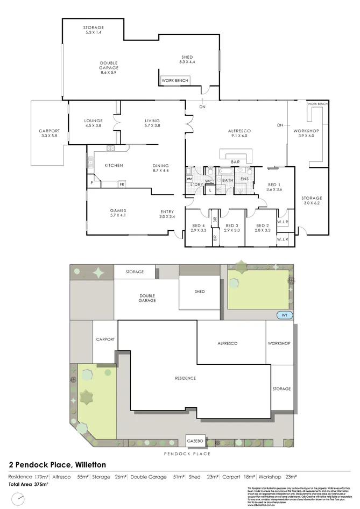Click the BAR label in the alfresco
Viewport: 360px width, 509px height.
click(235, 161)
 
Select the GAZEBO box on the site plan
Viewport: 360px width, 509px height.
click(195, 441)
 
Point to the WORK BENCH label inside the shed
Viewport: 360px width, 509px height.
click(174, 80)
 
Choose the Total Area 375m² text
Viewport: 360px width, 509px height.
click(28, 484)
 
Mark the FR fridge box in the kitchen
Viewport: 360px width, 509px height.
click(122, 184)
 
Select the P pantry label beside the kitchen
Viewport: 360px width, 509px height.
click(92, 183)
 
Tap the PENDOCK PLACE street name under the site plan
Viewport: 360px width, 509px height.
click(187, 454)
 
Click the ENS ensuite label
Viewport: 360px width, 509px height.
click(244, 179)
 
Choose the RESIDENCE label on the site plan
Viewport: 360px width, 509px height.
click(185, 378)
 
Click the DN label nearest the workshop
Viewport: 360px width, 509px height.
click(280, 125)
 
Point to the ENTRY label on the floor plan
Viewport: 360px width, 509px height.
click(167, 211)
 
